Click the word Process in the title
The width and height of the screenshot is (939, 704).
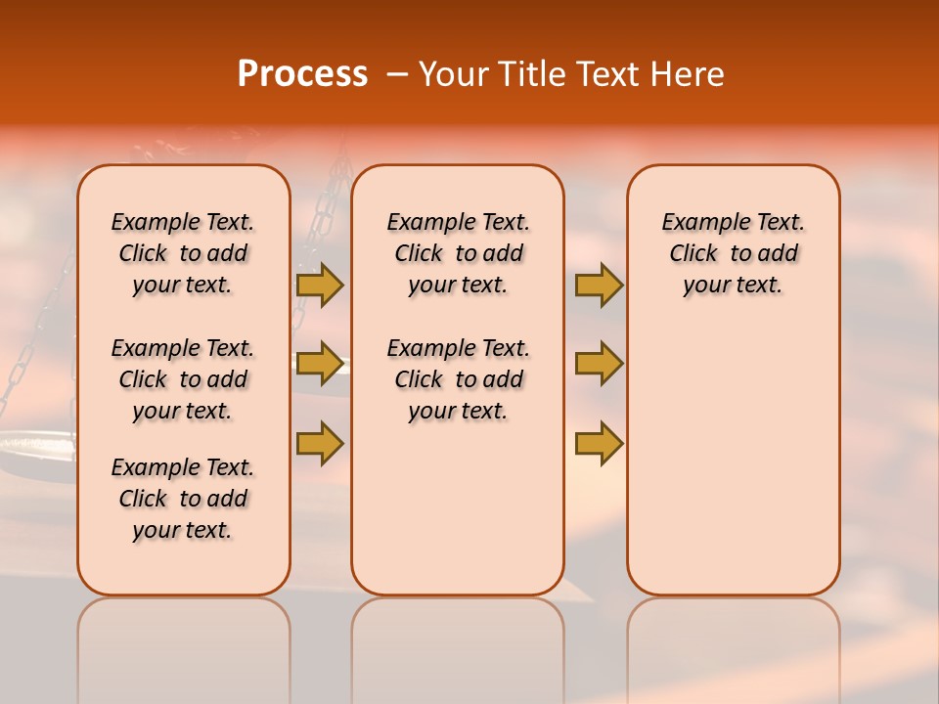[x=302, y=74]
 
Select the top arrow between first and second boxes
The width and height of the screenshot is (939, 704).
[x=320, y=285]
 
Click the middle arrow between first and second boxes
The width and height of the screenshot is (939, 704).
[x=320, y=364]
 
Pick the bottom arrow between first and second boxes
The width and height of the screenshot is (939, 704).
[x=320, y=443]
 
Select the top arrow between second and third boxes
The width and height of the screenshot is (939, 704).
[x=599, y=285]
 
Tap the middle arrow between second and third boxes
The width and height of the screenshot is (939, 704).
[x=599, y=364]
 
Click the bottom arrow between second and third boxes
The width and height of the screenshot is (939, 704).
[x=599, y=443]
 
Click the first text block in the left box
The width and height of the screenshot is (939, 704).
[x=183, y=253]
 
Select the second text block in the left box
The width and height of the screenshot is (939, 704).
[x=183, y=379]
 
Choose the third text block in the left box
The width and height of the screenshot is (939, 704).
[x=183, y=499]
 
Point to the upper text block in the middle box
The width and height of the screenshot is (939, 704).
[x=458, y=253]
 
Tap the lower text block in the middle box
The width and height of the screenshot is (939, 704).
[x=458, y=379]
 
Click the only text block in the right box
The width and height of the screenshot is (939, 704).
[x=733, y=253]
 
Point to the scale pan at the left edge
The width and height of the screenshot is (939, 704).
[x=29, y=447]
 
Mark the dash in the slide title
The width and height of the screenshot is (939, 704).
[x=397, y=75]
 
